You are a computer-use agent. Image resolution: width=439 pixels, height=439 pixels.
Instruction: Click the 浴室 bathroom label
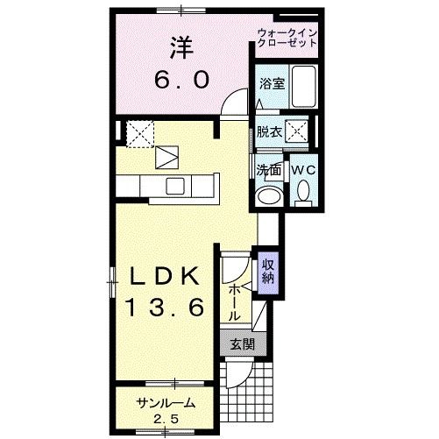click(x=271, y=84)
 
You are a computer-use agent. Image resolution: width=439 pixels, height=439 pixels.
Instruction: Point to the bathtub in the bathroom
click(x=303, y=87)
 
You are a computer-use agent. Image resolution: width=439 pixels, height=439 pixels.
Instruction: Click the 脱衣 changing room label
click(x=270, y=133)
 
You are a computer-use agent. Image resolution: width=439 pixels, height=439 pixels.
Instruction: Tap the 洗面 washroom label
click(x=269, y=168)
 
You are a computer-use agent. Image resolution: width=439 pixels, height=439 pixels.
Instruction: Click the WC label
click(x=302, y=168)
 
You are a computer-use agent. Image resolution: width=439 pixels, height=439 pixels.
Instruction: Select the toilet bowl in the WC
click(x=303, y=190)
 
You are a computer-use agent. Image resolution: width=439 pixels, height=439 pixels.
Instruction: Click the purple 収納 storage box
click(x=268, y=273)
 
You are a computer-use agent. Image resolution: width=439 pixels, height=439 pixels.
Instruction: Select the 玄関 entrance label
click(x=242, y=344)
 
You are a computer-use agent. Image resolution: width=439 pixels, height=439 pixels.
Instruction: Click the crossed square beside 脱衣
click(x=299, y=132)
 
